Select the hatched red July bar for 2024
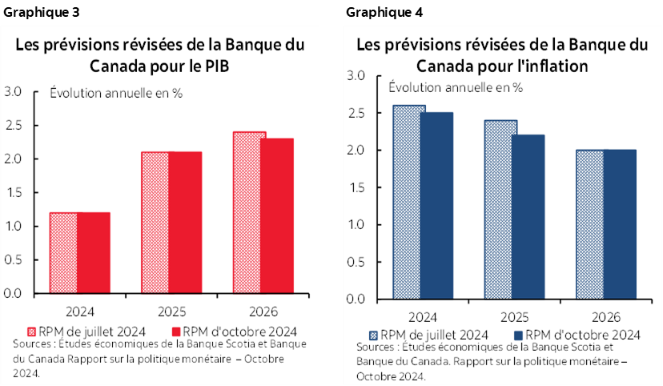(63, 252)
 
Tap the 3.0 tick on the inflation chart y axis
(356, 76)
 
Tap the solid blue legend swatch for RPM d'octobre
(519, 336)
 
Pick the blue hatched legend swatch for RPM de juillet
(373, 336)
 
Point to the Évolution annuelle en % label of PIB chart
(116, 93)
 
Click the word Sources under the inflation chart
(380, 348)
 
